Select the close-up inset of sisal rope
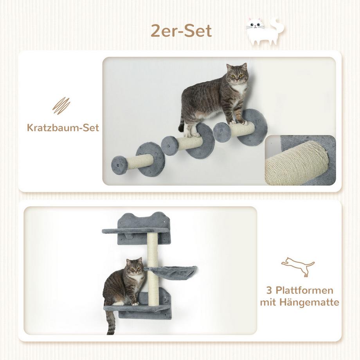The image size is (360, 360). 300,160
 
